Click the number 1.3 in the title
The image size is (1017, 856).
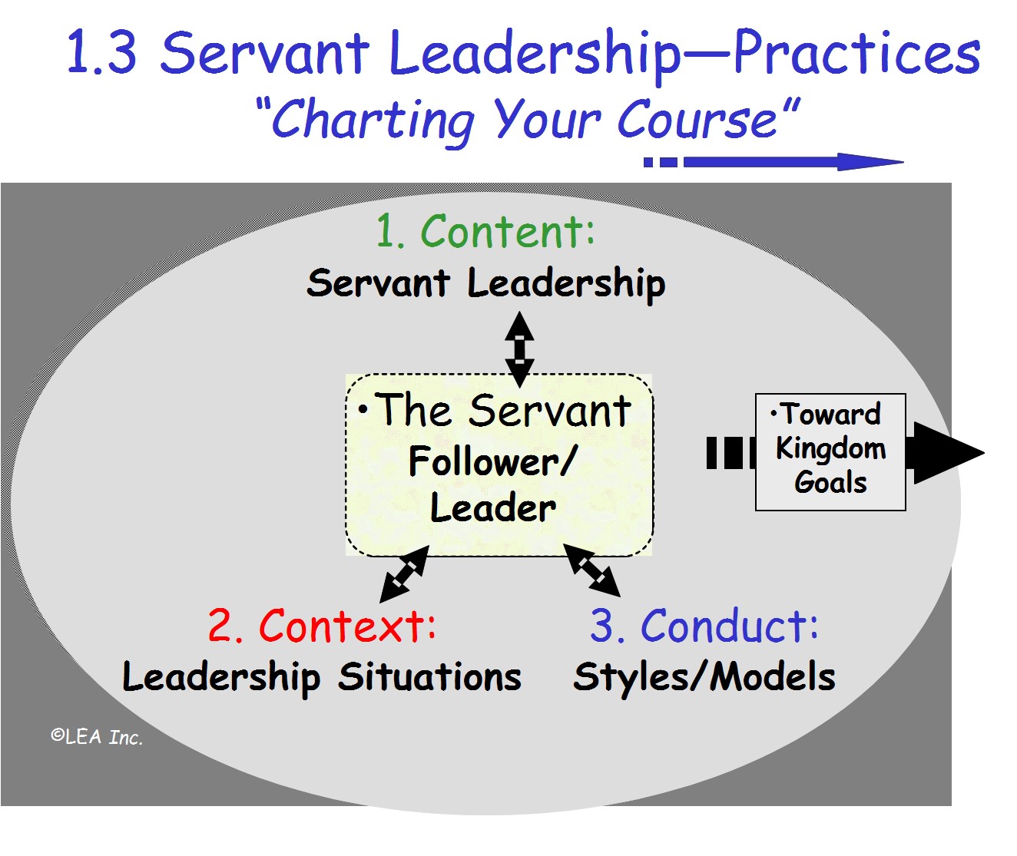click(x=102, y=54)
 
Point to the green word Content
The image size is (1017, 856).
click(x=508, y=231)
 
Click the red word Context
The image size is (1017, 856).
click(x=347, y=626)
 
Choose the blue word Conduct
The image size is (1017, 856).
click(x=729, y=626)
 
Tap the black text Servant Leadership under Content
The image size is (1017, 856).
click(x=485, y=283)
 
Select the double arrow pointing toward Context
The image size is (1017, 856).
click(x=404, y=573)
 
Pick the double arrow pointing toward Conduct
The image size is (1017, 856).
click(x=591, y=570)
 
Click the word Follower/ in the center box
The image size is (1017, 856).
click(x=492, y=462)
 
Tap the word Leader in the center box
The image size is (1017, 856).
click(x=493, y=508)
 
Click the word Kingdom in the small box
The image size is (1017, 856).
click(x=830, y=448)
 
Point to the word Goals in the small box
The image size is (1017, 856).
click(x=830, y=482)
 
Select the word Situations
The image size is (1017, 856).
click(x=429, y=677)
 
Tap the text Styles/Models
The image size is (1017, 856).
click(x=704, y=677)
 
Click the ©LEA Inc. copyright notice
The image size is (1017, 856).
click(x=97, y=737)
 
